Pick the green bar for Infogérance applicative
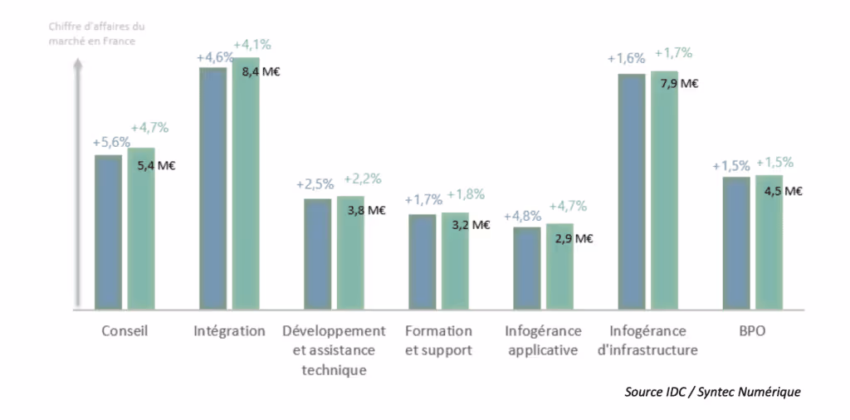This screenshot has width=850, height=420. point(559,266)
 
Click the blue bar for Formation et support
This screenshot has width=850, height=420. point(423,261)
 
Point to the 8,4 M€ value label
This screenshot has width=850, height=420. point(261,72)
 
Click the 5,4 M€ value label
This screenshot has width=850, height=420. point(156,165)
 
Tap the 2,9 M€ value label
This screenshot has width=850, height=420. point(574,239)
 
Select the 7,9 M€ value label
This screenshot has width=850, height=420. point(678,84)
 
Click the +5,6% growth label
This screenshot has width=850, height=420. point(110,142)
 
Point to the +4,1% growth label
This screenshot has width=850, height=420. point(252,44)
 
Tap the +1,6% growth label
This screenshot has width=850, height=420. point(626,59)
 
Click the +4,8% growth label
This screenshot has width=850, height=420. point(524,212)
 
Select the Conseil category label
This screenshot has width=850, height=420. point(125,331)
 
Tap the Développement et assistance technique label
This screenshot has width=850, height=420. point(334,349)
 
